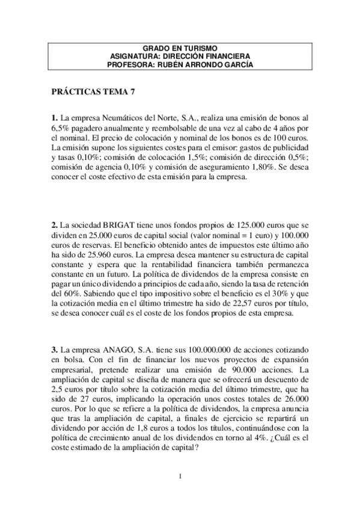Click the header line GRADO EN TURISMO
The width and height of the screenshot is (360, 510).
pyautogui.click(x=180, y=48)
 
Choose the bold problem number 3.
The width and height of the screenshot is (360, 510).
pyautogui.click(x=54, y=348)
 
